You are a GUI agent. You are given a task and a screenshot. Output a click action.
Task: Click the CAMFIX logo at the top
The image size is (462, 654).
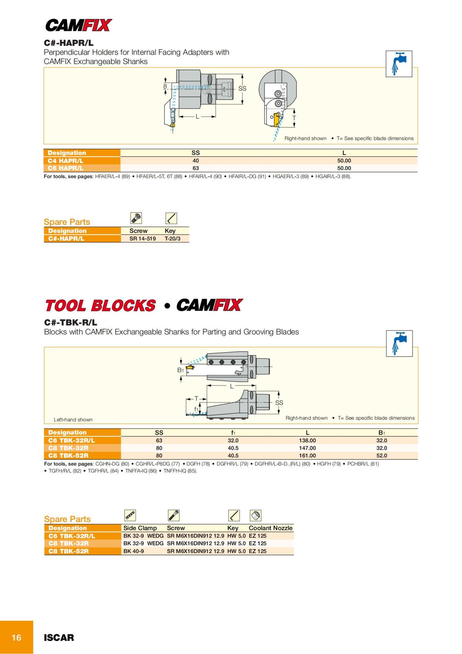[79, 25]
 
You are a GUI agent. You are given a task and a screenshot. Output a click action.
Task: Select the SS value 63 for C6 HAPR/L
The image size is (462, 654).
[196, 168]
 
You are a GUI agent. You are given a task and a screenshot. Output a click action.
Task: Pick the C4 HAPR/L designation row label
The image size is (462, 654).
[65, 161]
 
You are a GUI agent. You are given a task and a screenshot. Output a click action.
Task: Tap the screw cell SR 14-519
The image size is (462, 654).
[142, 239]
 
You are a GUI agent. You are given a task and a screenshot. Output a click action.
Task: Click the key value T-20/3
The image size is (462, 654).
[172, 239]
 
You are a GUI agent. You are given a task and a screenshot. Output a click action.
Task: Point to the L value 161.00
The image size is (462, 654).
[307, 456]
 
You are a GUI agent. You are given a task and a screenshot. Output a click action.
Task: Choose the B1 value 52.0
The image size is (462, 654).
[382, 456]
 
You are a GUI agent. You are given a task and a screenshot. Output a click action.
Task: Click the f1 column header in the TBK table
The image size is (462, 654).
[233, 433]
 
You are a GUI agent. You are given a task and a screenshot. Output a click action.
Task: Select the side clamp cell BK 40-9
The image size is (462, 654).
[134, 551]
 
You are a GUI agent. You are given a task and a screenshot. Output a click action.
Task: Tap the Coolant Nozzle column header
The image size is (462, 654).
[270, 528]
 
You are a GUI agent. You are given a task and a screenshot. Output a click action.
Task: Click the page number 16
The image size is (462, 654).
[17, 637]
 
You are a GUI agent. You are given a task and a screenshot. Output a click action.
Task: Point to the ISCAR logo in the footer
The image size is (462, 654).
[59, 637]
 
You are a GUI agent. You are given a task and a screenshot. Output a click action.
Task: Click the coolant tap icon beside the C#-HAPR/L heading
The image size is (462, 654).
[399, 64]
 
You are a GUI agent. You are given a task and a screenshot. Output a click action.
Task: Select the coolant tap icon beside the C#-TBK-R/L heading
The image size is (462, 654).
[399, 343]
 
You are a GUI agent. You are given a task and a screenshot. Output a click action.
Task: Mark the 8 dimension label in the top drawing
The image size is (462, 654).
[165, 86]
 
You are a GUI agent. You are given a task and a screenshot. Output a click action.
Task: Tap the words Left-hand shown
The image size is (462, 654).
[73, 420]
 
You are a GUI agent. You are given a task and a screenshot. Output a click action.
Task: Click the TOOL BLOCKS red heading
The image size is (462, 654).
[100, 306]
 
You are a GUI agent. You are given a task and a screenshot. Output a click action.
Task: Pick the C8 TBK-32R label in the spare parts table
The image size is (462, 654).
[69, 543]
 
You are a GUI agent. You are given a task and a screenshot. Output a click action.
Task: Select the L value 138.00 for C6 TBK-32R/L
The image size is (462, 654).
[307, 440]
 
